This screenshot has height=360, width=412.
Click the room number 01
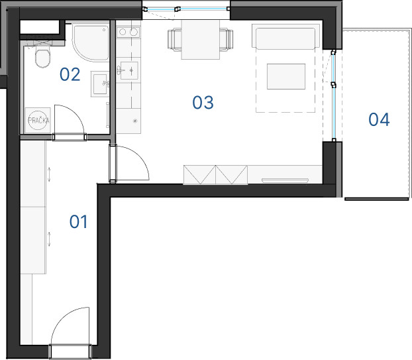point(78,221)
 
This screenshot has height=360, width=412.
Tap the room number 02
point(70,74)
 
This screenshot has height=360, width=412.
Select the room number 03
point(203,102)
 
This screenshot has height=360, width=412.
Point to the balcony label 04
point(379,119)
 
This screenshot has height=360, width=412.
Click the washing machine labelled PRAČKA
point(38,121)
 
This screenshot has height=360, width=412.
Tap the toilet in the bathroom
point(42,56)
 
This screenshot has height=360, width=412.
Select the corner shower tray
point(91,43)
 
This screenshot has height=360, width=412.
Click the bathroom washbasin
point(100,84)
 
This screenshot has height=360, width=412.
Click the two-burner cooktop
point(128,32)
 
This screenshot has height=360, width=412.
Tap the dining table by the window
point(200,40)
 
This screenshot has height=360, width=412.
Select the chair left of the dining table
point(174,39)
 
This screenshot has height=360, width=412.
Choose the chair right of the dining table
point(227,39)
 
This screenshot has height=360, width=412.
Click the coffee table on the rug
point(286,76)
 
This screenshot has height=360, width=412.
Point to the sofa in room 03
point(285,37)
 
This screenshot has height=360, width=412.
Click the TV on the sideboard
point(285,180)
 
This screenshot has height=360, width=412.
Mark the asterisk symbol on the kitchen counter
point(135,121)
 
